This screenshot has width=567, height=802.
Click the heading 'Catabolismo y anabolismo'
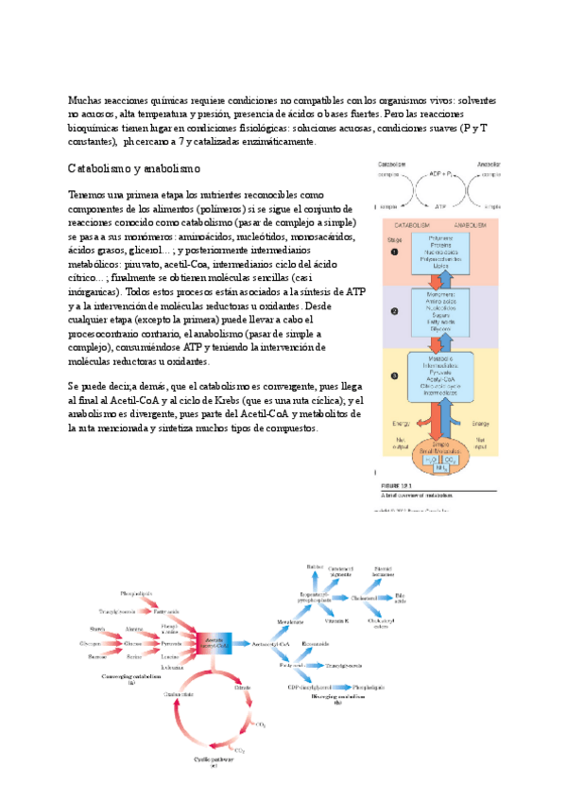[x=134, y=168]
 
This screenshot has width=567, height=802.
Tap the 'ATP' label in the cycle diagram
[x=440, y=203]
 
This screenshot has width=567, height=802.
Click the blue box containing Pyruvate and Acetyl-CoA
[x=440, y=379]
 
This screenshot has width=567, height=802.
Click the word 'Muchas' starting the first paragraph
[x=84, y=100]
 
